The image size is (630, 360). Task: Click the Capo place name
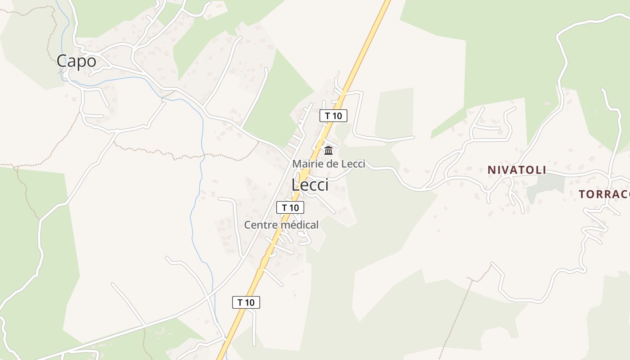(76, 61)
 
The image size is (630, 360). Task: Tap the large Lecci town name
(310, 184)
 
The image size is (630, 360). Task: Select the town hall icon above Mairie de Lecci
(328, 151)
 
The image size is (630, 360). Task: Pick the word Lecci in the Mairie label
(353, 164)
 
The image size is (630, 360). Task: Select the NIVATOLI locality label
(517, 170)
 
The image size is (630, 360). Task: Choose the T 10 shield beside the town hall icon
(333, 116)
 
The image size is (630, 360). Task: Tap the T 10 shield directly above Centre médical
(290, 207)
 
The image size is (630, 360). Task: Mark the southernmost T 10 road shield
(246, 302)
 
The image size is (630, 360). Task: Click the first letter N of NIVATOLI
(491, 170)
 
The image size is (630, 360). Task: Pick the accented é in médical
(290, 225)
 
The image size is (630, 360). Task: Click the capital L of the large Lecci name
(296, 184)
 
